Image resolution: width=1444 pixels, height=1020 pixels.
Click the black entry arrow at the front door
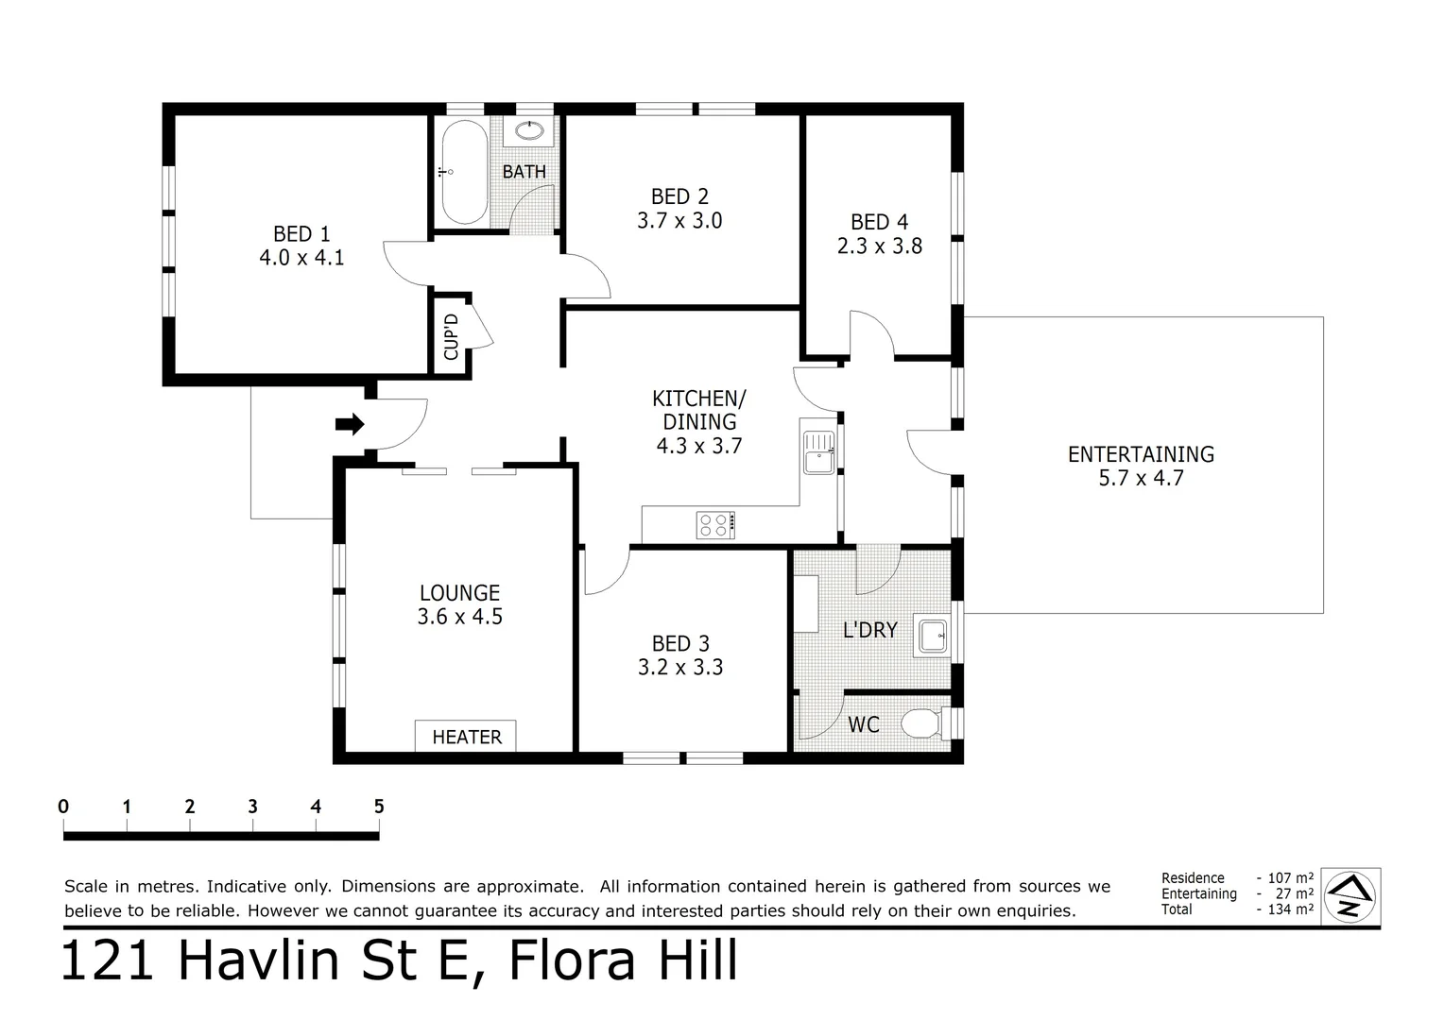(x=350, y=425)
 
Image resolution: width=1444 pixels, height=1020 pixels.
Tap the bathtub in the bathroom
(x=465, y=172)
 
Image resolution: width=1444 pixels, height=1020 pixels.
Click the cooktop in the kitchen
(x=715, y=524)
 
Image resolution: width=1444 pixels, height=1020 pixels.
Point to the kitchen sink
(x=818, y=453)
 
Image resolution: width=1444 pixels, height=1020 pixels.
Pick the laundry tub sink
(x=932, y=637)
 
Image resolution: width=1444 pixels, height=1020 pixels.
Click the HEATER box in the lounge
(x=466, y=735)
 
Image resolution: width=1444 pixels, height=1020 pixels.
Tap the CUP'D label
(x=452, y=337)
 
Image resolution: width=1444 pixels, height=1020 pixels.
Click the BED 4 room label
(x=879, y=222)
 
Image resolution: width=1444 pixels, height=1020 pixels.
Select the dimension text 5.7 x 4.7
(x=1141, y=478)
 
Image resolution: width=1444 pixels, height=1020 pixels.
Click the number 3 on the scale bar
(x=252, y=806)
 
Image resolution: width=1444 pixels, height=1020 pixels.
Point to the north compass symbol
(x=1349, y=896)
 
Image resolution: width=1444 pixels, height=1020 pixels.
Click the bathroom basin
(x=529, y=130)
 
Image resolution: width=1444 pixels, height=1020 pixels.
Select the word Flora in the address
(x=573, y=960)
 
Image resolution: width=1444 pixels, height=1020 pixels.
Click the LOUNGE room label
(x=459, y=593)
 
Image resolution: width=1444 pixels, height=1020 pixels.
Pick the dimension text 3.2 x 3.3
(x=680, y=667)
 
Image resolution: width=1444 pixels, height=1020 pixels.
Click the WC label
(x=863, y=724)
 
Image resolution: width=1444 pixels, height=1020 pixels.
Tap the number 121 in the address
(x=107, y=960)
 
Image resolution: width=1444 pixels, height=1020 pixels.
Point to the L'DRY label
(x=870, y=630)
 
